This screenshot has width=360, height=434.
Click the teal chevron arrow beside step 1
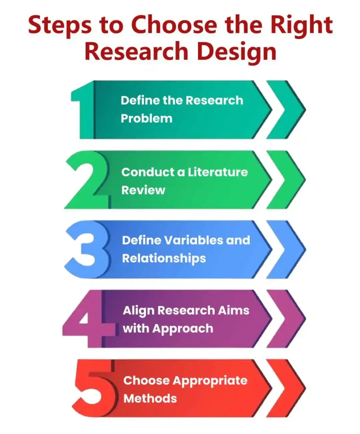click(x=288, y=110)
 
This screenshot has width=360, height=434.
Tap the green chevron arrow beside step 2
click(x=288, y=180)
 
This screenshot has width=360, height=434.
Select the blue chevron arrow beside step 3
click(x=288, y=249)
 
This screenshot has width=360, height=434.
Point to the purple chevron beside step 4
click(x=288, y=319)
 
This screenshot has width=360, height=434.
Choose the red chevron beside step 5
click(x=288, y=388)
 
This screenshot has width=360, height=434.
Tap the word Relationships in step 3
click(x=164, y=259)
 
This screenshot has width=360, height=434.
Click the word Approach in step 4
click(x=183, y=329)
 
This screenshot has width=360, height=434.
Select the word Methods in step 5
click(x=150, y=398)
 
